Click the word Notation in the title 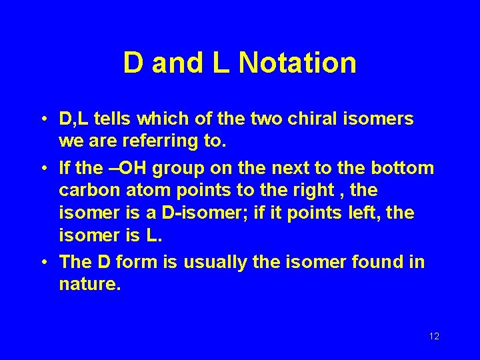(297, 63)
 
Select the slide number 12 (434, 336)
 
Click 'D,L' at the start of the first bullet (75, 119)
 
